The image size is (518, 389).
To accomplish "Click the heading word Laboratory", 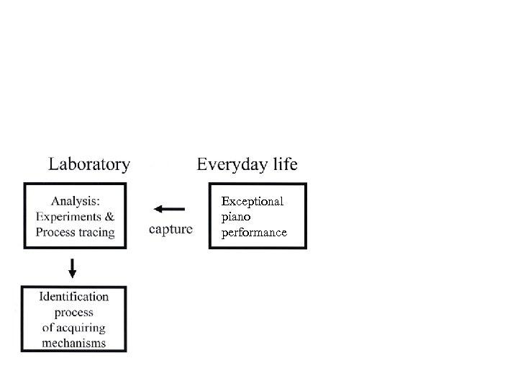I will coord(89,165).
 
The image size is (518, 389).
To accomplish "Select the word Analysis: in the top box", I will coord(75,202).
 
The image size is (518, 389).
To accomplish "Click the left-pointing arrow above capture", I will coord(169,210).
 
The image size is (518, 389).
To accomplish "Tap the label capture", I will coord(171,230).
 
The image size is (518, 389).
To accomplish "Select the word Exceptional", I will coord(253,202).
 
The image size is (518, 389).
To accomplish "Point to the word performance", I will coord(254,233).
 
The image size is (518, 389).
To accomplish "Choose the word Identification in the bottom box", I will coord(74,297).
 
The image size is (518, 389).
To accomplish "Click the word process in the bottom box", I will coord(74,313).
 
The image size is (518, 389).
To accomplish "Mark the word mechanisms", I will coord(74,343).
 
